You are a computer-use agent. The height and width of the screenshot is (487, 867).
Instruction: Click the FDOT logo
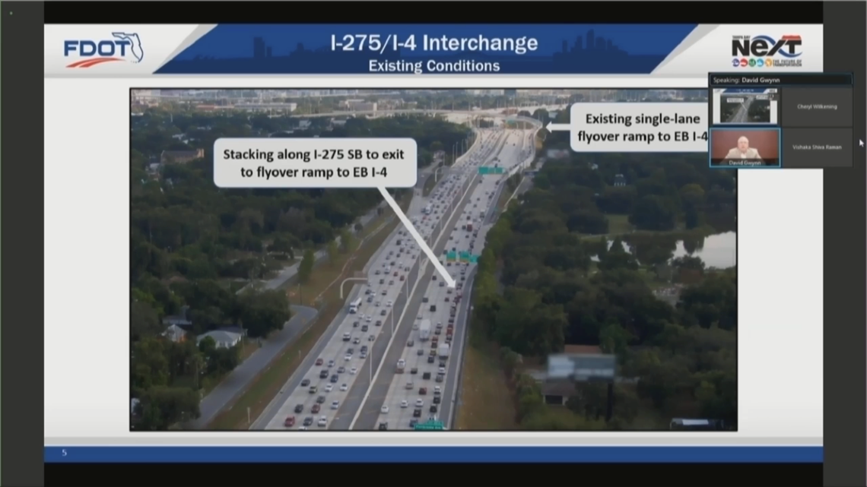(103, 49)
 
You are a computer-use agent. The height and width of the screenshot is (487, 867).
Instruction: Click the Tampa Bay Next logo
(766, 50)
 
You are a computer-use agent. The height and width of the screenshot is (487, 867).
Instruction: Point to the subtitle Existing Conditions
(433, 66)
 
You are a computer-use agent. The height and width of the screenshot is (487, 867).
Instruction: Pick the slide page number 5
(65, 453)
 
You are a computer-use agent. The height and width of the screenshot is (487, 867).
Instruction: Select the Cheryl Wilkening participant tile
(817, 106)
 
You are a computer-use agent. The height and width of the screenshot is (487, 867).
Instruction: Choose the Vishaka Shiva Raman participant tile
(817, 147)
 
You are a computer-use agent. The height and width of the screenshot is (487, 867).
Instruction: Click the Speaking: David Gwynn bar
(780, 79)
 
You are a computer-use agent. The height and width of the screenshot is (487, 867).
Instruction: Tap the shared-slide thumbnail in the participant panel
(745, 106)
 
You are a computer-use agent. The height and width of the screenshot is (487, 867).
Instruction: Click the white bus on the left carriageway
(354, 305)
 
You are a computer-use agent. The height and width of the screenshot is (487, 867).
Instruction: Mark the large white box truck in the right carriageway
(424, 327)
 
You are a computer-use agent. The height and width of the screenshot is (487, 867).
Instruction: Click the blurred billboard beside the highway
(581, 366)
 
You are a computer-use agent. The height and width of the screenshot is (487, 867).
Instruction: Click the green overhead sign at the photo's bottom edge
(429, 425)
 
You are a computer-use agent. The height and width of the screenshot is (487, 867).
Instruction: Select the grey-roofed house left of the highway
(220, 337)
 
